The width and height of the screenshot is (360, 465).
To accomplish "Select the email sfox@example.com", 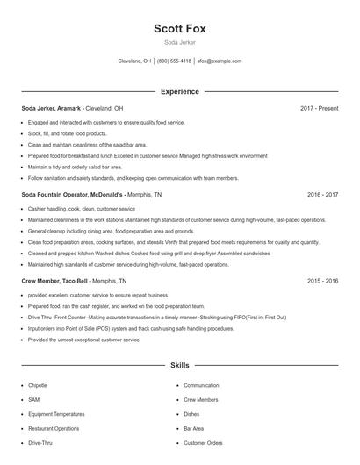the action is pyautogui.click(x=220, y=61).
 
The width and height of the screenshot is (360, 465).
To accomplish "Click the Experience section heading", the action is pyautogui.click(x=180, y=91).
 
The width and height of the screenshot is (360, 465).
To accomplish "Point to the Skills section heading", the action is pyautogui.click(x=180, y=364).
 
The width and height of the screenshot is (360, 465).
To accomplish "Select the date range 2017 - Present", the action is pyautogui.click(x=319, y=108).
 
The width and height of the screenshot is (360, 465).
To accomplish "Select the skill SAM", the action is pyautogui.click(x=34, y=399).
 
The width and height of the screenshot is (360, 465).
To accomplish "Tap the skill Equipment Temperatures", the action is pyautogui.click(x=56, y=414).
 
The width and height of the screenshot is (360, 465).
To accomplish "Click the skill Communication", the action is pyautogui.click(x=201, y=385).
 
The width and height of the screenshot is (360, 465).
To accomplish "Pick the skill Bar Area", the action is pyautogui.click(x=193, y=428).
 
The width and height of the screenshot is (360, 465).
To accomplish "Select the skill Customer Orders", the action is pyautogui.click(x=203, y=443).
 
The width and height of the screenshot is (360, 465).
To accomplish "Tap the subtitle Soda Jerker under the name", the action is pyautogui.click(x=180, y=41).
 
